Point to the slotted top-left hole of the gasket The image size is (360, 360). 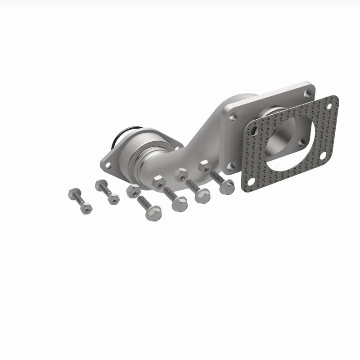coord(255,130)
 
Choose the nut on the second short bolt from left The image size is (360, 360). coord(114,198)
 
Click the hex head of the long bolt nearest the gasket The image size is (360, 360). coord(228,186)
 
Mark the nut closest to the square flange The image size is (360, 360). coord(205,166)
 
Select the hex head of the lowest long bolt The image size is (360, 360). coord(153,212)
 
